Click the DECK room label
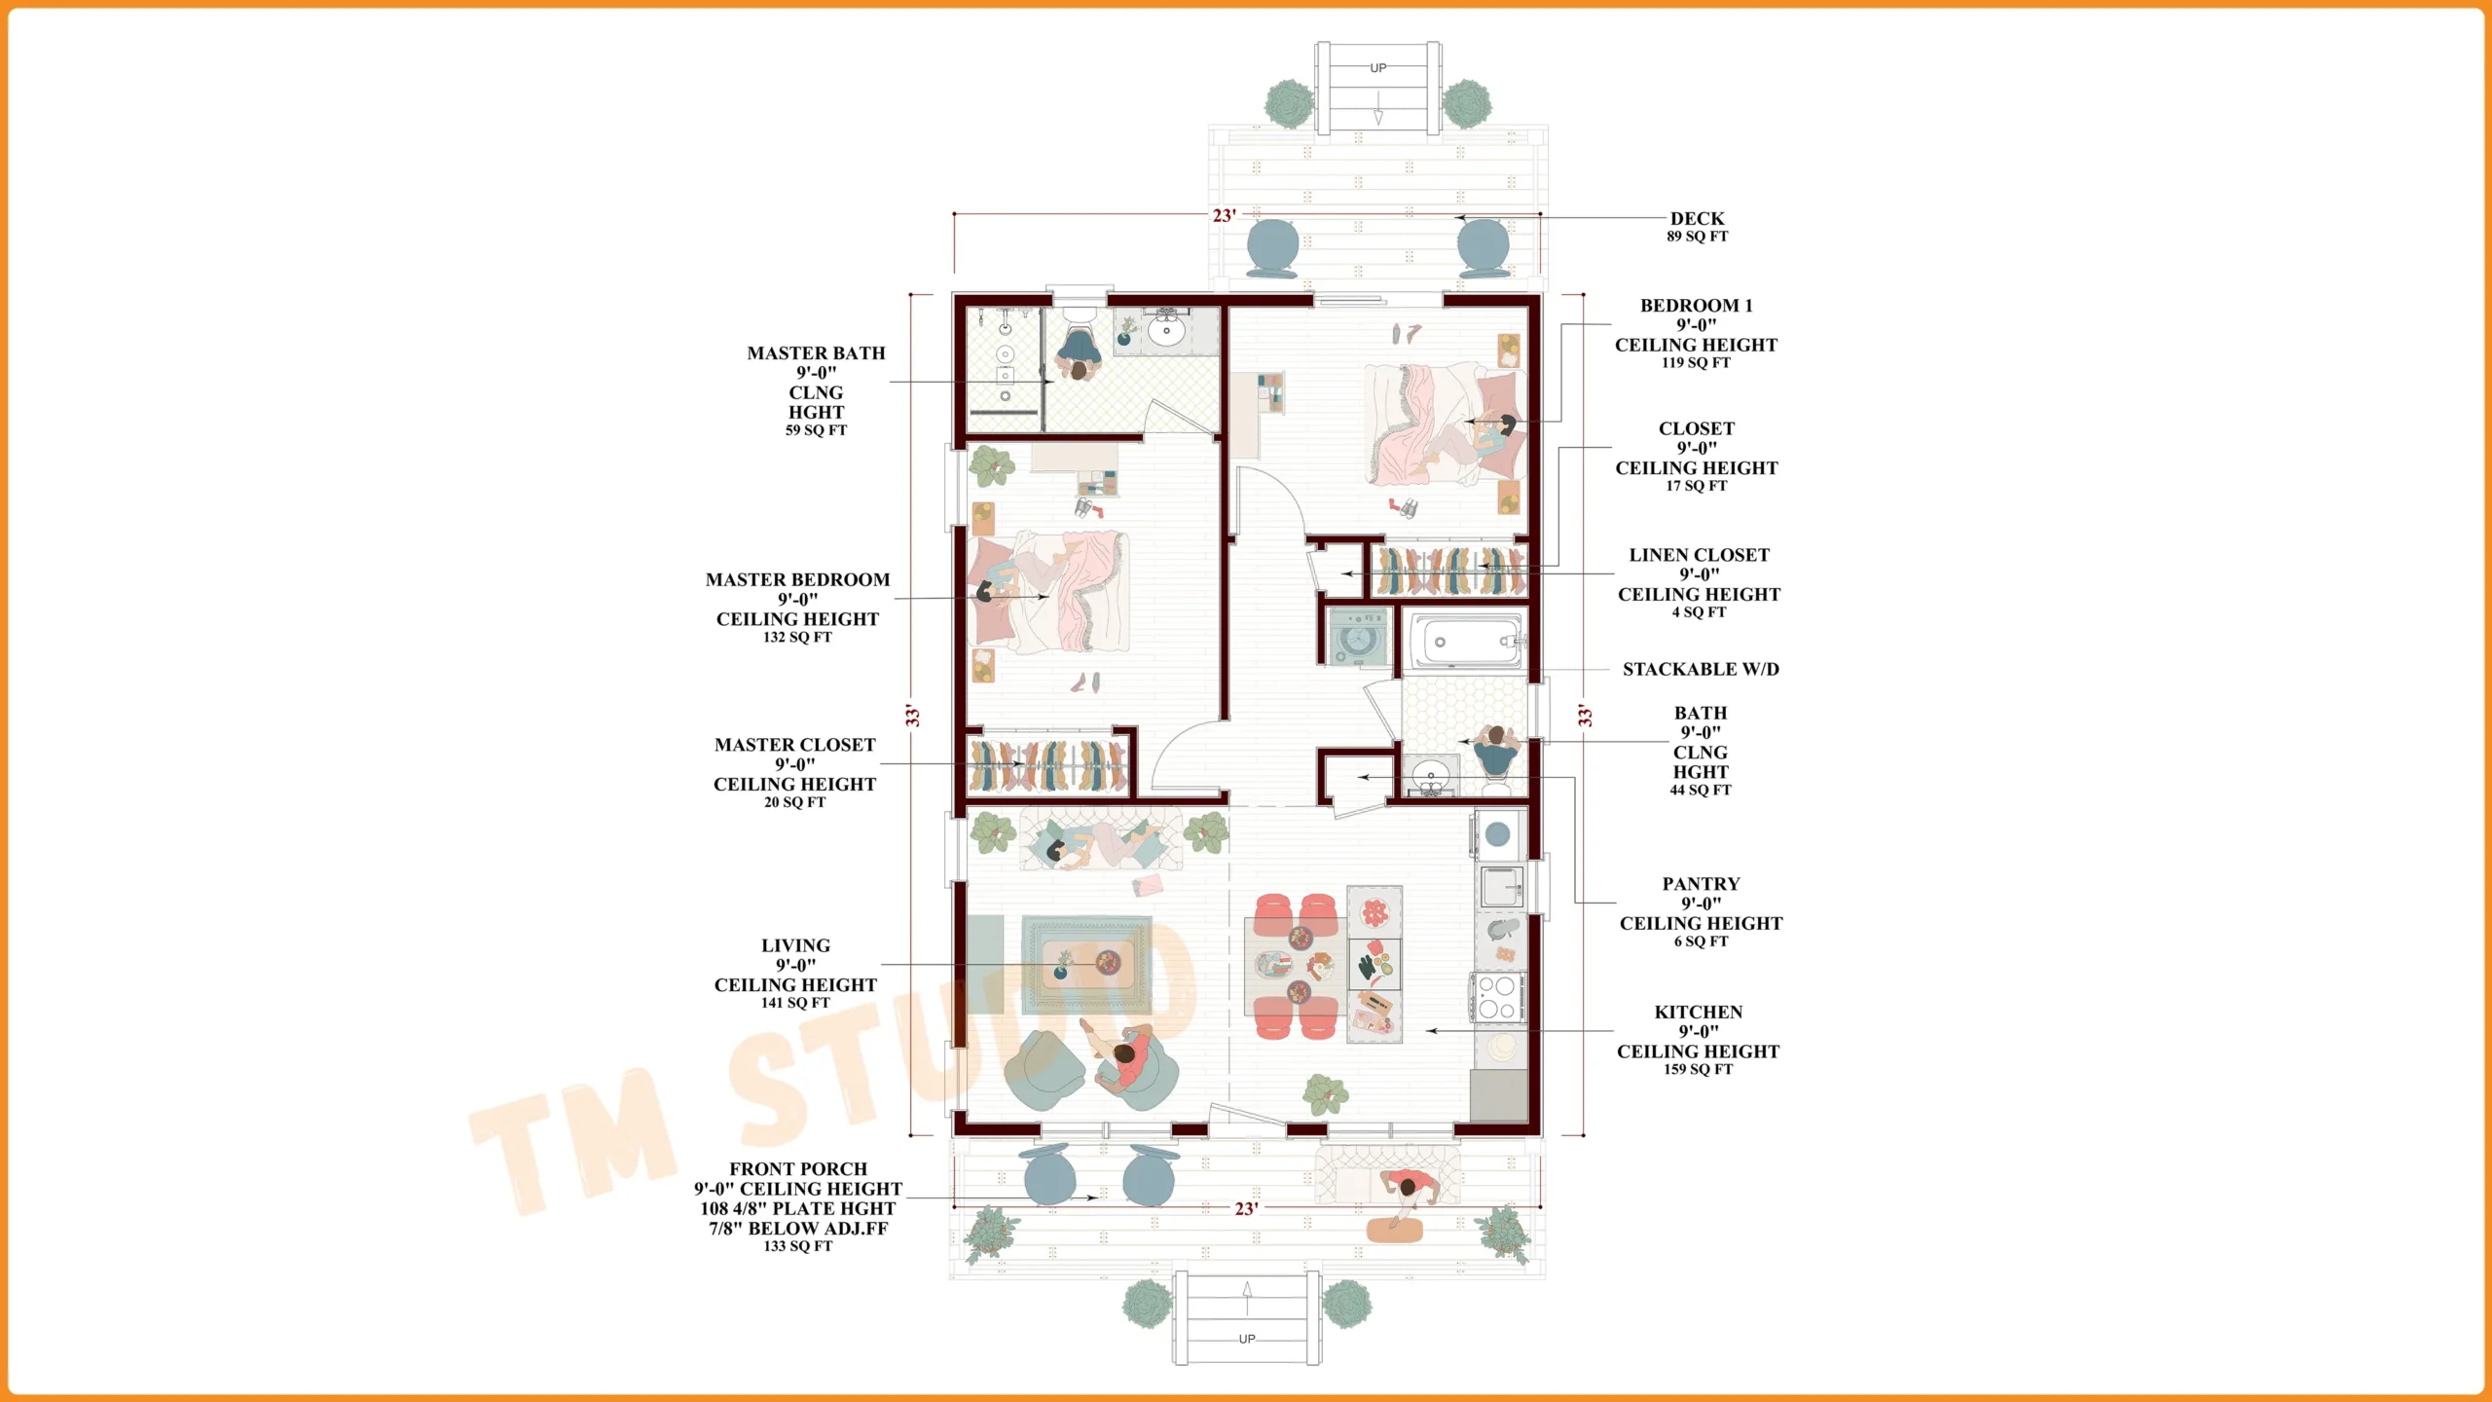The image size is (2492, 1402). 1697,219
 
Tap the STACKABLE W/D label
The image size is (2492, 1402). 1700,669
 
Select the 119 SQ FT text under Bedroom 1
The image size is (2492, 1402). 1696,362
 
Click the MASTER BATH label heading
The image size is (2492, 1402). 816,353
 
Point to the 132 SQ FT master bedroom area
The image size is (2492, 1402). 797,637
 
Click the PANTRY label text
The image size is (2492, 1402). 1701,884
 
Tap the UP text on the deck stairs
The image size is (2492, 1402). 1377,68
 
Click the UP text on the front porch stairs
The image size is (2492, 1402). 1246,1339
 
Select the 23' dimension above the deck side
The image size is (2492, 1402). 1224,215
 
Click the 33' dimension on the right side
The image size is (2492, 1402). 1585,716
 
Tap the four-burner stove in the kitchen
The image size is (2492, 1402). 1497,997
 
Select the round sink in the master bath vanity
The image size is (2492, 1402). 1165,331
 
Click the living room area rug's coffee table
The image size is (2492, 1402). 1085,963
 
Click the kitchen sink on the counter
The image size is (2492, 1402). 1500,886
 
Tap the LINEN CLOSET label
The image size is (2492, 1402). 1699,555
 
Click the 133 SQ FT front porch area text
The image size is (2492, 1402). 797,1246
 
